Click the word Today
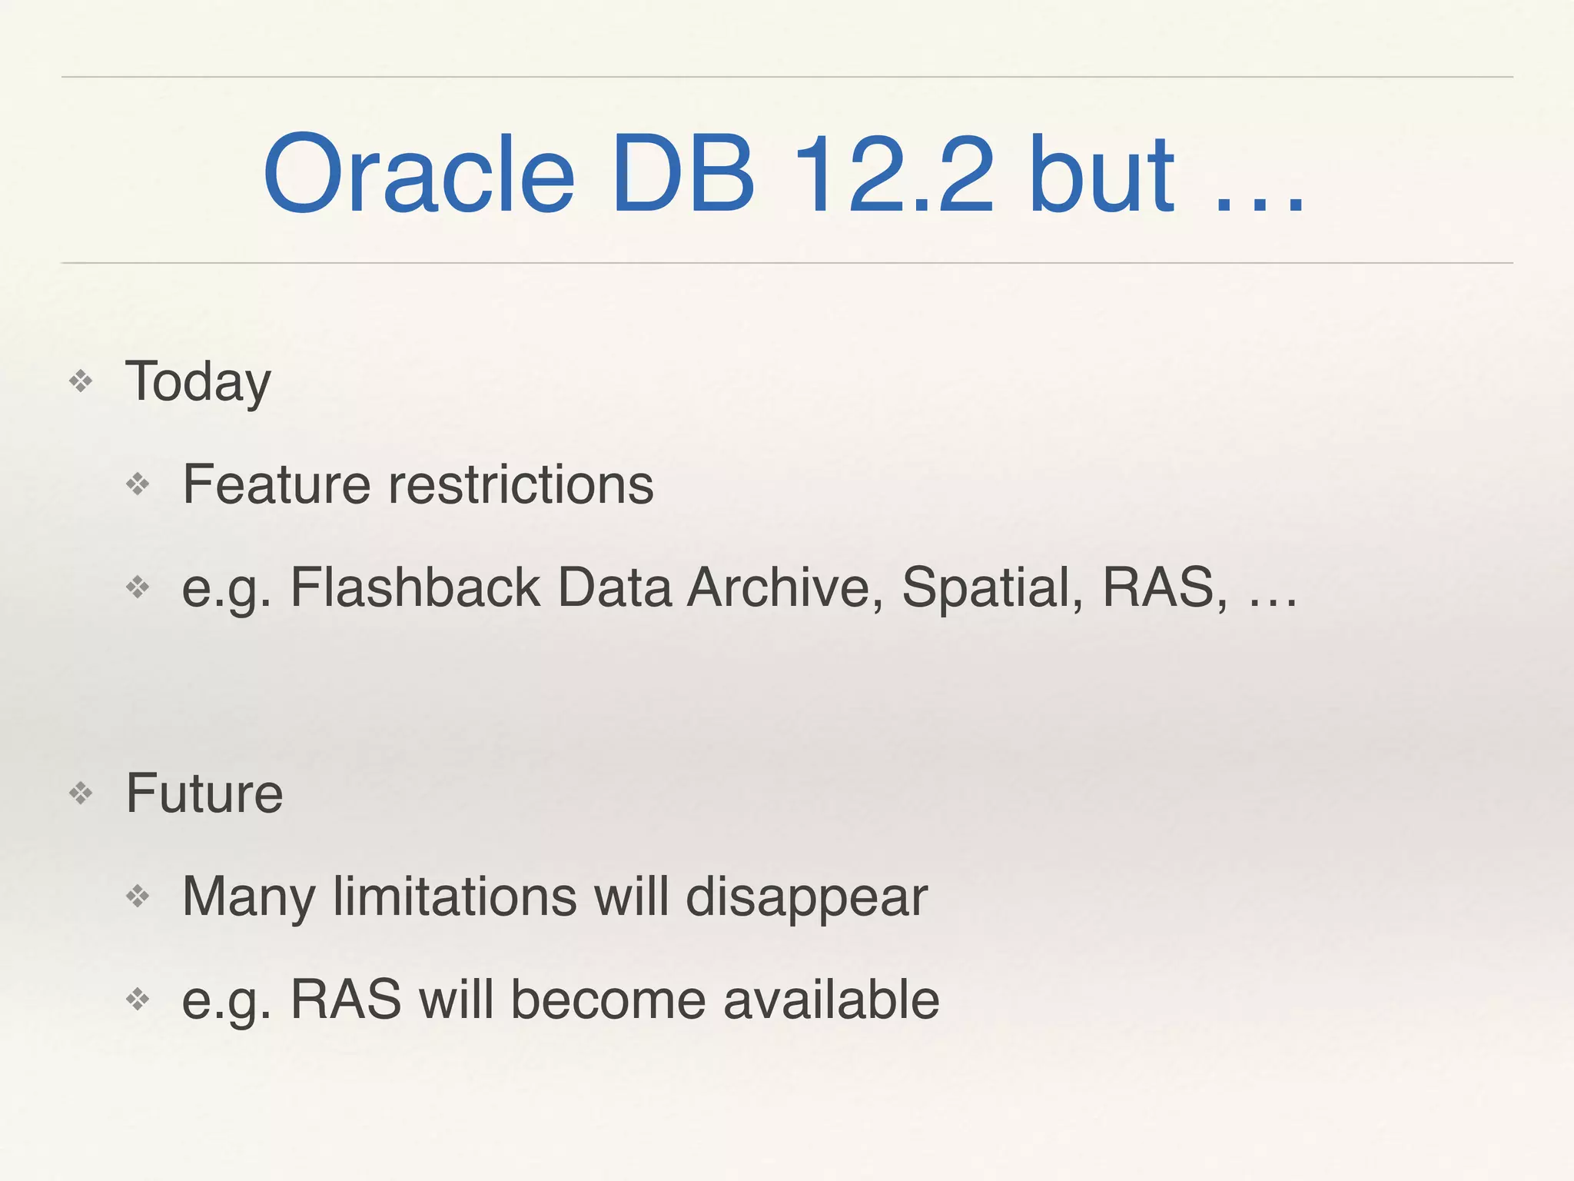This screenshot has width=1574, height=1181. click(x=198, y=382)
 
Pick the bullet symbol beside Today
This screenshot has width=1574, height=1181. click(x=81, y=381)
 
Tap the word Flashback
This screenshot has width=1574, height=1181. click(x=415, y=587)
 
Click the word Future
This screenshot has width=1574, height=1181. click(x=204, y=793)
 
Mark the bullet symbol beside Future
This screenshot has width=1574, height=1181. click(x=81, y=793)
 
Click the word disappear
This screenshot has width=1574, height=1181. click(x=806, y=898)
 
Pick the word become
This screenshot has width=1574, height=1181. click(x=608, y=1000)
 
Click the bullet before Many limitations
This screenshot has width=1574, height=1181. click(x=138, y=896)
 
